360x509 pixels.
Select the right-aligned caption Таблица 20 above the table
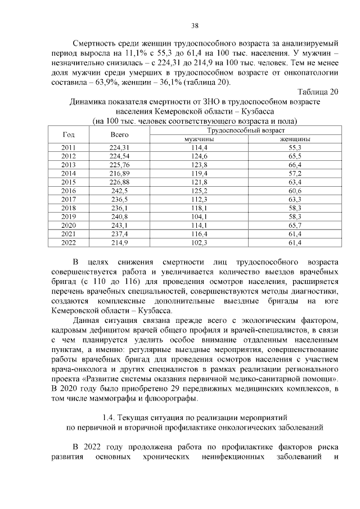[317, 92]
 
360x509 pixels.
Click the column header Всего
[119, 134]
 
